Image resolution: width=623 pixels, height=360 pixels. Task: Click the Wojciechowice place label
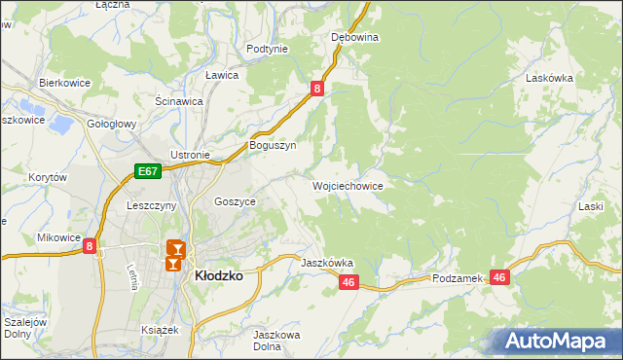(348, 185)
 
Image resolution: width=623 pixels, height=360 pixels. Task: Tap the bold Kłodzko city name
(219, 275)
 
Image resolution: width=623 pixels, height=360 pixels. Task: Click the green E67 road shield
(147, 172)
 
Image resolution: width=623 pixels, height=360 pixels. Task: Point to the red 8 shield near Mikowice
(90, 247)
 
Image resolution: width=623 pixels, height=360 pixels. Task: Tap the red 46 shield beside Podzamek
(500, 277)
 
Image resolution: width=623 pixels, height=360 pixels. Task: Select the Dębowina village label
(354, 37)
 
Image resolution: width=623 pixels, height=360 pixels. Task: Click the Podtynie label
(267, 49)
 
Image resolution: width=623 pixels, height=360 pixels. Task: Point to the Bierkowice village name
(64, 84)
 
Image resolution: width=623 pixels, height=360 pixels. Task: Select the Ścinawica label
(178, 100)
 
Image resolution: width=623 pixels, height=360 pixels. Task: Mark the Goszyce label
(235, 201)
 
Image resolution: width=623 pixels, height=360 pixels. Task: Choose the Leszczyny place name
(151, 206)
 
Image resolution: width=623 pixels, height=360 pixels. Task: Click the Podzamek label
(458, 278)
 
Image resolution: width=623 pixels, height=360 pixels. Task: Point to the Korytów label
(47, 178)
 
